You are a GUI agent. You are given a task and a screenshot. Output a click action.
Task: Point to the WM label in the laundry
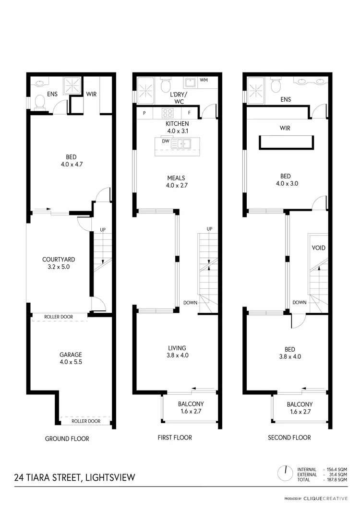pos(204,80)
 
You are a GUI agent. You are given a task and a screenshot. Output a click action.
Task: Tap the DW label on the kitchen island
pos(165,141)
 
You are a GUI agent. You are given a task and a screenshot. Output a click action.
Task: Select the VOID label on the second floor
pos(319,248)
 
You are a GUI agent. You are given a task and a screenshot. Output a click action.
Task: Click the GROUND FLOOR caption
pos(67,438)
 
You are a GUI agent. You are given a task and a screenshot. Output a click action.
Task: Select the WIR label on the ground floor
pos(91,94)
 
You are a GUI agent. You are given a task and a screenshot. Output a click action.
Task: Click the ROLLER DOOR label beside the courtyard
pos(58,317)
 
